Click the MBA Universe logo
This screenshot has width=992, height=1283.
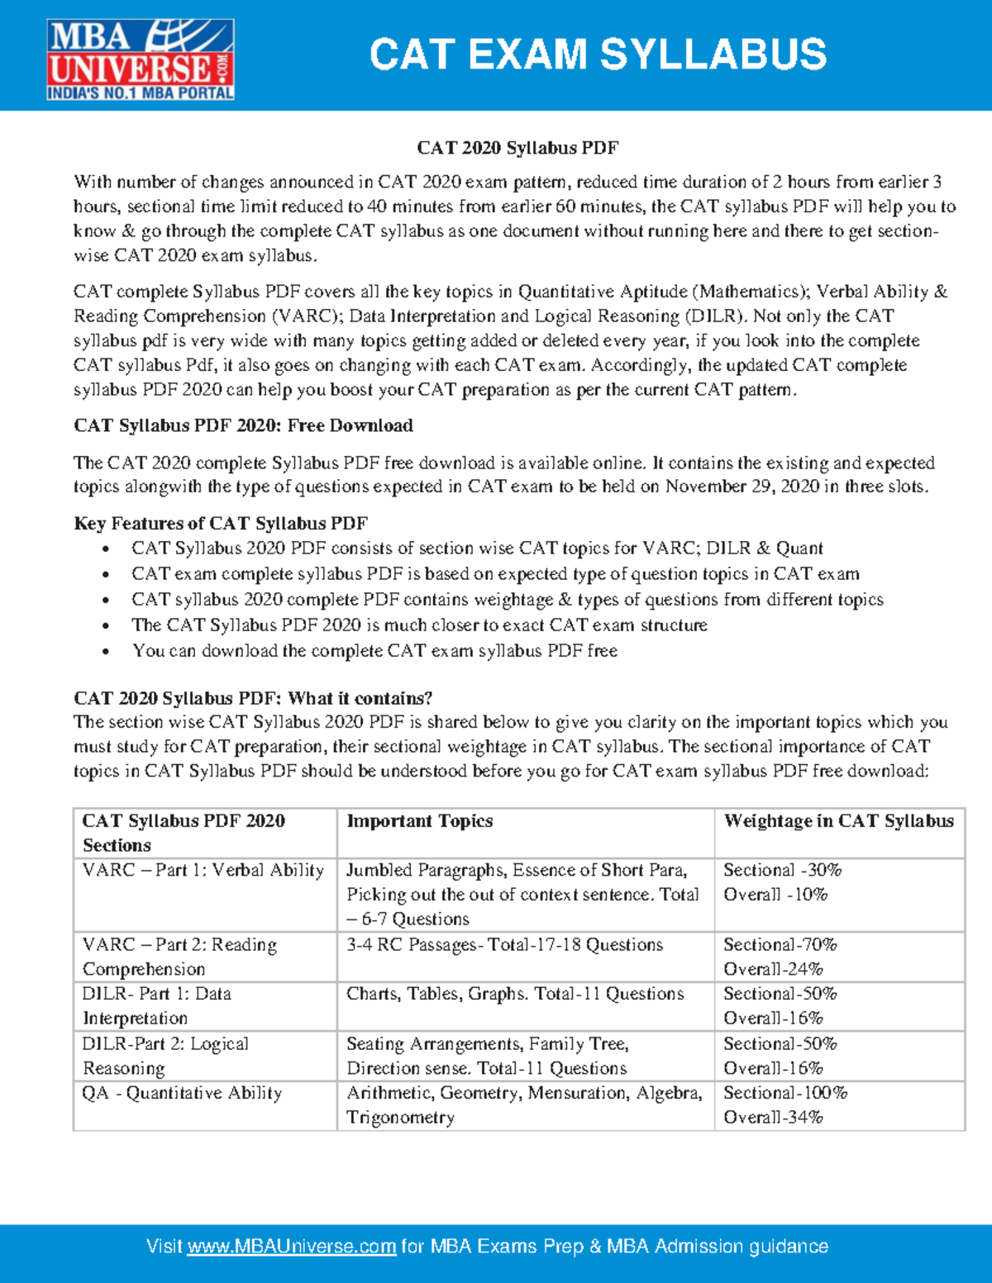(x=141, y=59)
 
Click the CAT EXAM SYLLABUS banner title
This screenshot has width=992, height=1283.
(x=597, y=55)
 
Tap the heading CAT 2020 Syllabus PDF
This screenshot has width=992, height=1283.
(x=517, y=148)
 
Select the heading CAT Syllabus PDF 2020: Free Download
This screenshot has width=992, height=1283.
(x=243, y=425)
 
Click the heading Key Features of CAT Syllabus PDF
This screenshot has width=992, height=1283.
(x=221, y=524)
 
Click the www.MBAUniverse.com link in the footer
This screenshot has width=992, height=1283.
(x=291, y=1246)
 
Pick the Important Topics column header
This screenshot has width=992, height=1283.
(x=420, y=821)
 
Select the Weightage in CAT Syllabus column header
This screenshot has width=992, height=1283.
(x=838, y=821)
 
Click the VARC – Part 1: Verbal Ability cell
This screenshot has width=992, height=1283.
(x=203, y=871)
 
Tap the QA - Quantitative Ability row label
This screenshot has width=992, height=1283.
(x=182, y=1093)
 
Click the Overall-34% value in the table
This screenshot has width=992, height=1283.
(x=773, y=1118)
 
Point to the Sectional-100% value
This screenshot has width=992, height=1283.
(x=785, y=1093)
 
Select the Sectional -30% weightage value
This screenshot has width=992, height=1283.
(x=782, y=871)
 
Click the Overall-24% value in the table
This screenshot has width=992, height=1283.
(x=773, y=969)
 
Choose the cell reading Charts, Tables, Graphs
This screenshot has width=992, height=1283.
(x=515, y=994)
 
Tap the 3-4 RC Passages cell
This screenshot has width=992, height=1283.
(x=504, y=945)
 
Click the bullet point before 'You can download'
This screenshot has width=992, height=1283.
(x=105, y=652)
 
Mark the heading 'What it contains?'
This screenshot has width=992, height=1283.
(x=253, y=698)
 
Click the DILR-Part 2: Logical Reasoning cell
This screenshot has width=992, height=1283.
(x=165, y=1056)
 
